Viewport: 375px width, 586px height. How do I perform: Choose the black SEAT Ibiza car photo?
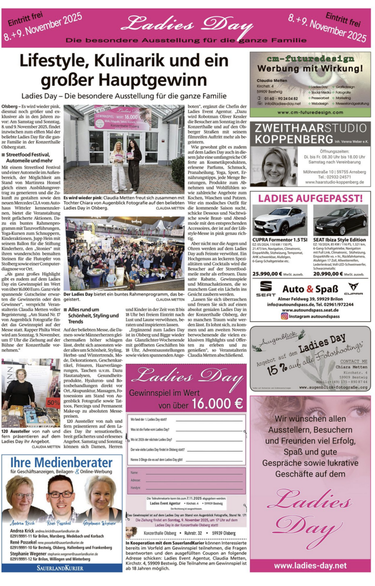[x=341, y=220]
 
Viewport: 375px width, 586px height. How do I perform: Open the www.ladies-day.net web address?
[x=310, y=565]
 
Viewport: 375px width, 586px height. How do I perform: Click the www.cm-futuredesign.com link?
[x=310, y=112]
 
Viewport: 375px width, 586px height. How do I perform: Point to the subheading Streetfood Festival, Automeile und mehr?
[x=30, y=157]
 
